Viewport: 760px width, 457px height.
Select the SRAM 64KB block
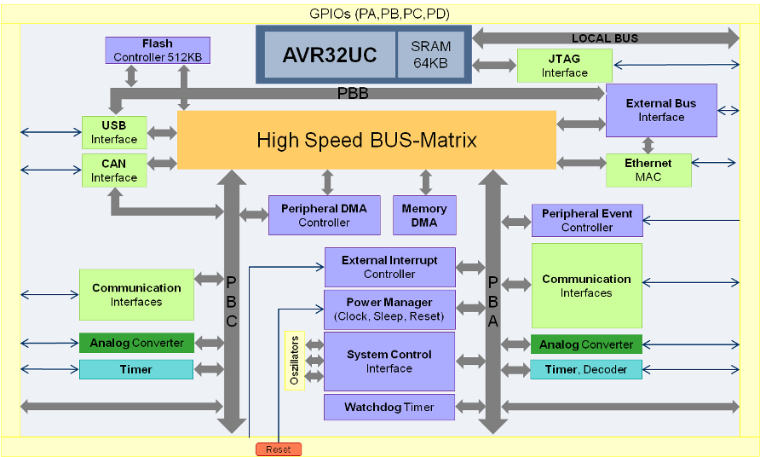point(430,55)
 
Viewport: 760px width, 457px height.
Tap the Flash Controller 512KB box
point(158,50)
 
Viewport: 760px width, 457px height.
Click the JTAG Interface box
point(564,66)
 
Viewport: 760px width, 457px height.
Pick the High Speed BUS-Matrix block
point(366,140)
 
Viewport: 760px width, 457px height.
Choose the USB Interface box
point(114,132)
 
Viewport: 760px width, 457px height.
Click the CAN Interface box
point(114,171)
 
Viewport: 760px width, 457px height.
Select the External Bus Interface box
point(661,110)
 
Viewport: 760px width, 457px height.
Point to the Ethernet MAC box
point(648,170)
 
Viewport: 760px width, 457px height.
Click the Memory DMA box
point(424,216)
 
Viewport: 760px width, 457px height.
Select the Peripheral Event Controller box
point(587,221)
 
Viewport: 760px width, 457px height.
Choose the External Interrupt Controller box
point(389,267)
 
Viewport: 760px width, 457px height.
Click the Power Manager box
point(389,309)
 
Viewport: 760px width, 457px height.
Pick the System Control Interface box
point(389,362)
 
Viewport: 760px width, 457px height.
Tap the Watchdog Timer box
point(389,407)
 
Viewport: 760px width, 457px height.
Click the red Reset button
point(278,449)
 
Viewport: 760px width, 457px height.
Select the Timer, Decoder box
point(586,369)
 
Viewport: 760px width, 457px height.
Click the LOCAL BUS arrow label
point(605,38)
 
